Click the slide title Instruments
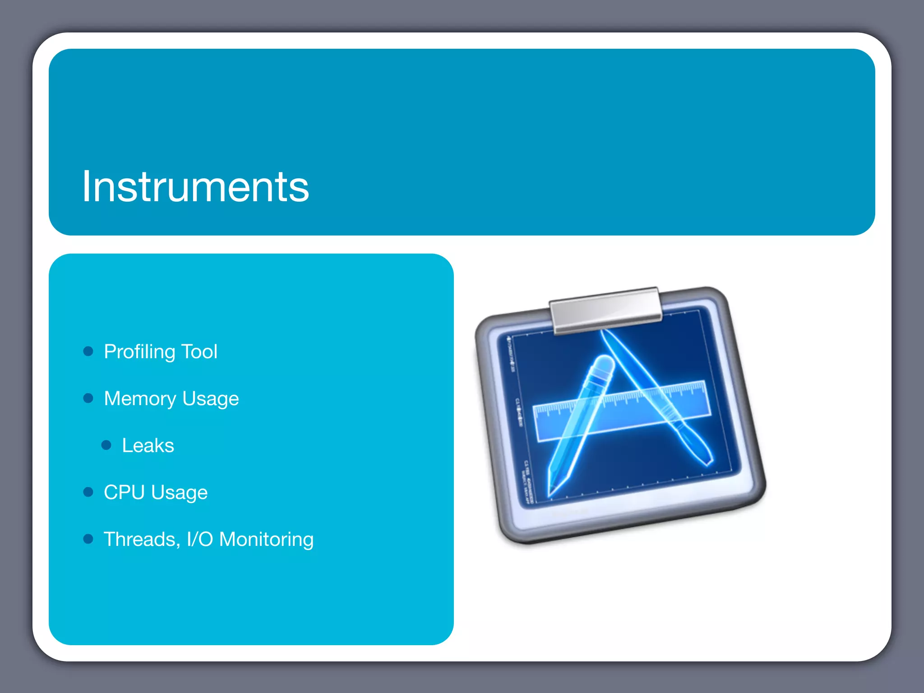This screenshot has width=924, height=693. pyautogui.click(x=195, y=187)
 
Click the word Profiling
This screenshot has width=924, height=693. pyautogui.click(x=139, y=352)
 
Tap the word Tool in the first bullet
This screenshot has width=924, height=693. pyautogui.click(x=199, y=351)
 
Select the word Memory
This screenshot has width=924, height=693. pyautogui.click(x=140, y=399)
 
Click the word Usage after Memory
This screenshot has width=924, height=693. pyautogui.click(x=211, y=399)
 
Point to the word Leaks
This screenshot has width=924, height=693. pyautogui.click(x=148, y=446)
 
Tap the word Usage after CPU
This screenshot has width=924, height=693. pyautogui.click(x=180, y=493)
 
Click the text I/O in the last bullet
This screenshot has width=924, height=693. pyautogui.click(x=199, y=539)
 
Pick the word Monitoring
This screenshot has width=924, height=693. pyautogui.click(x=266, y=539)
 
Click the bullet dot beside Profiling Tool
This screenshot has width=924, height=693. pyautogui.click(x=88, y=351)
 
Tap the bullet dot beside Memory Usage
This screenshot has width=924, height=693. pyautogui.click(x=88, y=398)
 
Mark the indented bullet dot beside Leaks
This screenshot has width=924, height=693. pyautogui.click(x=106, y=445)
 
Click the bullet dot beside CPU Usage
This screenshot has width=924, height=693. pyautogui.click(x=88, y=492)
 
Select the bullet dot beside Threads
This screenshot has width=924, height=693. pyautogui.click(x=88, y=539)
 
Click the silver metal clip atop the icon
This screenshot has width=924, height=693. pyautogui.click(x=605, y=310)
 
